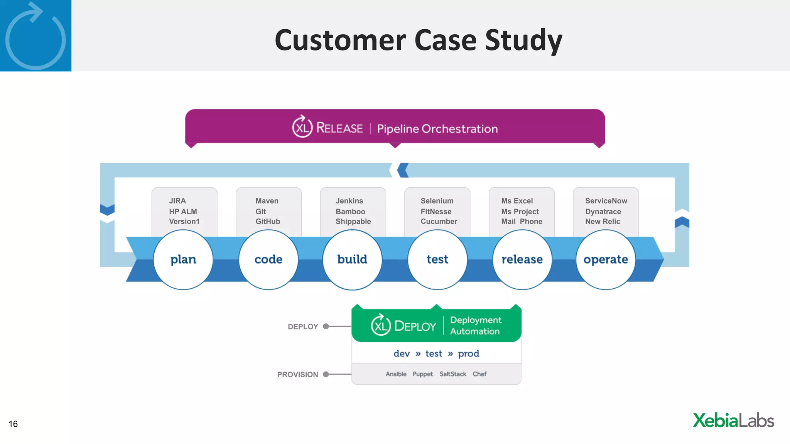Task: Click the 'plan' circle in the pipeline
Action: click(183, 259)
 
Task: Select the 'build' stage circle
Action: click(352, 259)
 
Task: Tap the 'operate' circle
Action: click(606, 259)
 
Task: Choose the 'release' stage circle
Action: click(522, 259)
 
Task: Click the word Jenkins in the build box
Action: click(349, 201)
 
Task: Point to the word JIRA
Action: click(177, 201)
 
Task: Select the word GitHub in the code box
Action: click(268, 222)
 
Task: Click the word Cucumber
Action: click(439, 222)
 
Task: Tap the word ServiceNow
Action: click(606, 201)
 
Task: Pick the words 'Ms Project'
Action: click(520, 212)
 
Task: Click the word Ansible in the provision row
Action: click(396, 374)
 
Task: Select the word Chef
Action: click(479, 374)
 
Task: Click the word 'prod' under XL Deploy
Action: click(468, 354)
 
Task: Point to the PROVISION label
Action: click(297, 375)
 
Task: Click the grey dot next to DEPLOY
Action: click(326, 326)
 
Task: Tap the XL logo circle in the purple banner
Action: click(302, 127)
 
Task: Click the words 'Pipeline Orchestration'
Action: click(437, 129)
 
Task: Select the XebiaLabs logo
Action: click(733, 420)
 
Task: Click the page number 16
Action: click(13, 424)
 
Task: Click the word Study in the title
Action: click(523, 40)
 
